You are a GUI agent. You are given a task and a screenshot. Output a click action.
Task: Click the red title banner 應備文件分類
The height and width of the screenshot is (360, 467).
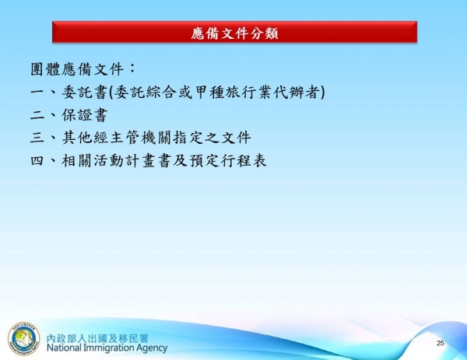(234, 33)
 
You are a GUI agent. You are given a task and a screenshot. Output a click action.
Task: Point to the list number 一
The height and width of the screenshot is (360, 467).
(30, 93)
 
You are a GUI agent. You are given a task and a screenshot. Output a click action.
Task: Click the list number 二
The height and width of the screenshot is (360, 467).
(30, 116)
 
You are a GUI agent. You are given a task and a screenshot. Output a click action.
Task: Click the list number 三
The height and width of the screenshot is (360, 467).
(30, 139)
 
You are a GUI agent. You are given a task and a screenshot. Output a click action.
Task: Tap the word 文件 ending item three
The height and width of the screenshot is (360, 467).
(233, 139)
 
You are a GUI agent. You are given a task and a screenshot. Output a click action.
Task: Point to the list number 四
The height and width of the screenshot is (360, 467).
(30, 163)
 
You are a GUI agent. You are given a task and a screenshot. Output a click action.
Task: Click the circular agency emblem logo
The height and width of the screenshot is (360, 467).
(23, 339)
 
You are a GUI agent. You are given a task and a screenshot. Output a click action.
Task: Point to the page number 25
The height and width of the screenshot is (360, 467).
(440, 343)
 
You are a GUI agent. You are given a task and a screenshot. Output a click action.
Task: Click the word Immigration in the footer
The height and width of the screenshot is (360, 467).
(110, 348)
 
